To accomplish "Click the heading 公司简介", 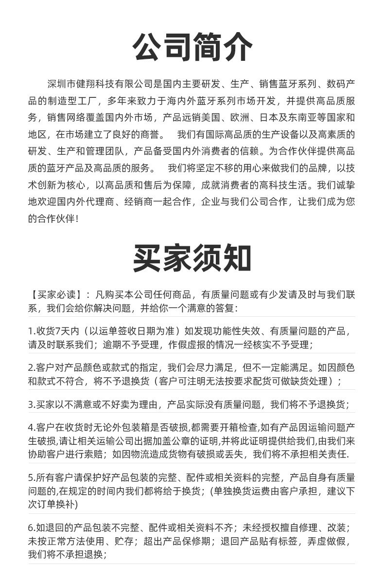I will (x=192, y=48).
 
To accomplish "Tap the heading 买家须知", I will (x=192, y=258).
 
